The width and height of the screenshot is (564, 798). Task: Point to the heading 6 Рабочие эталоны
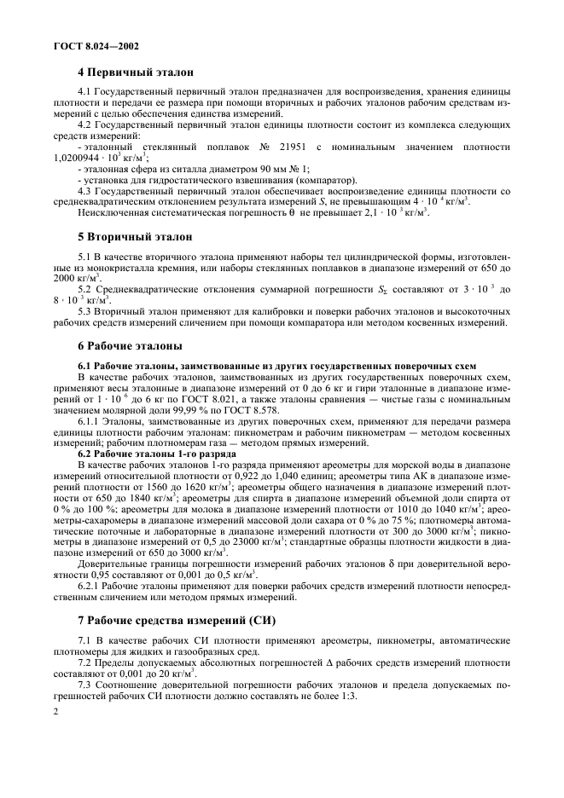click(x=130, y=347)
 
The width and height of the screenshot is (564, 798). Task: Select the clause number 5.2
click(x=84, y=291)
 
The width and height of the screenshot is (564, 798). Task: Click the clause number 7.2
click(x=84, y=663)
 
